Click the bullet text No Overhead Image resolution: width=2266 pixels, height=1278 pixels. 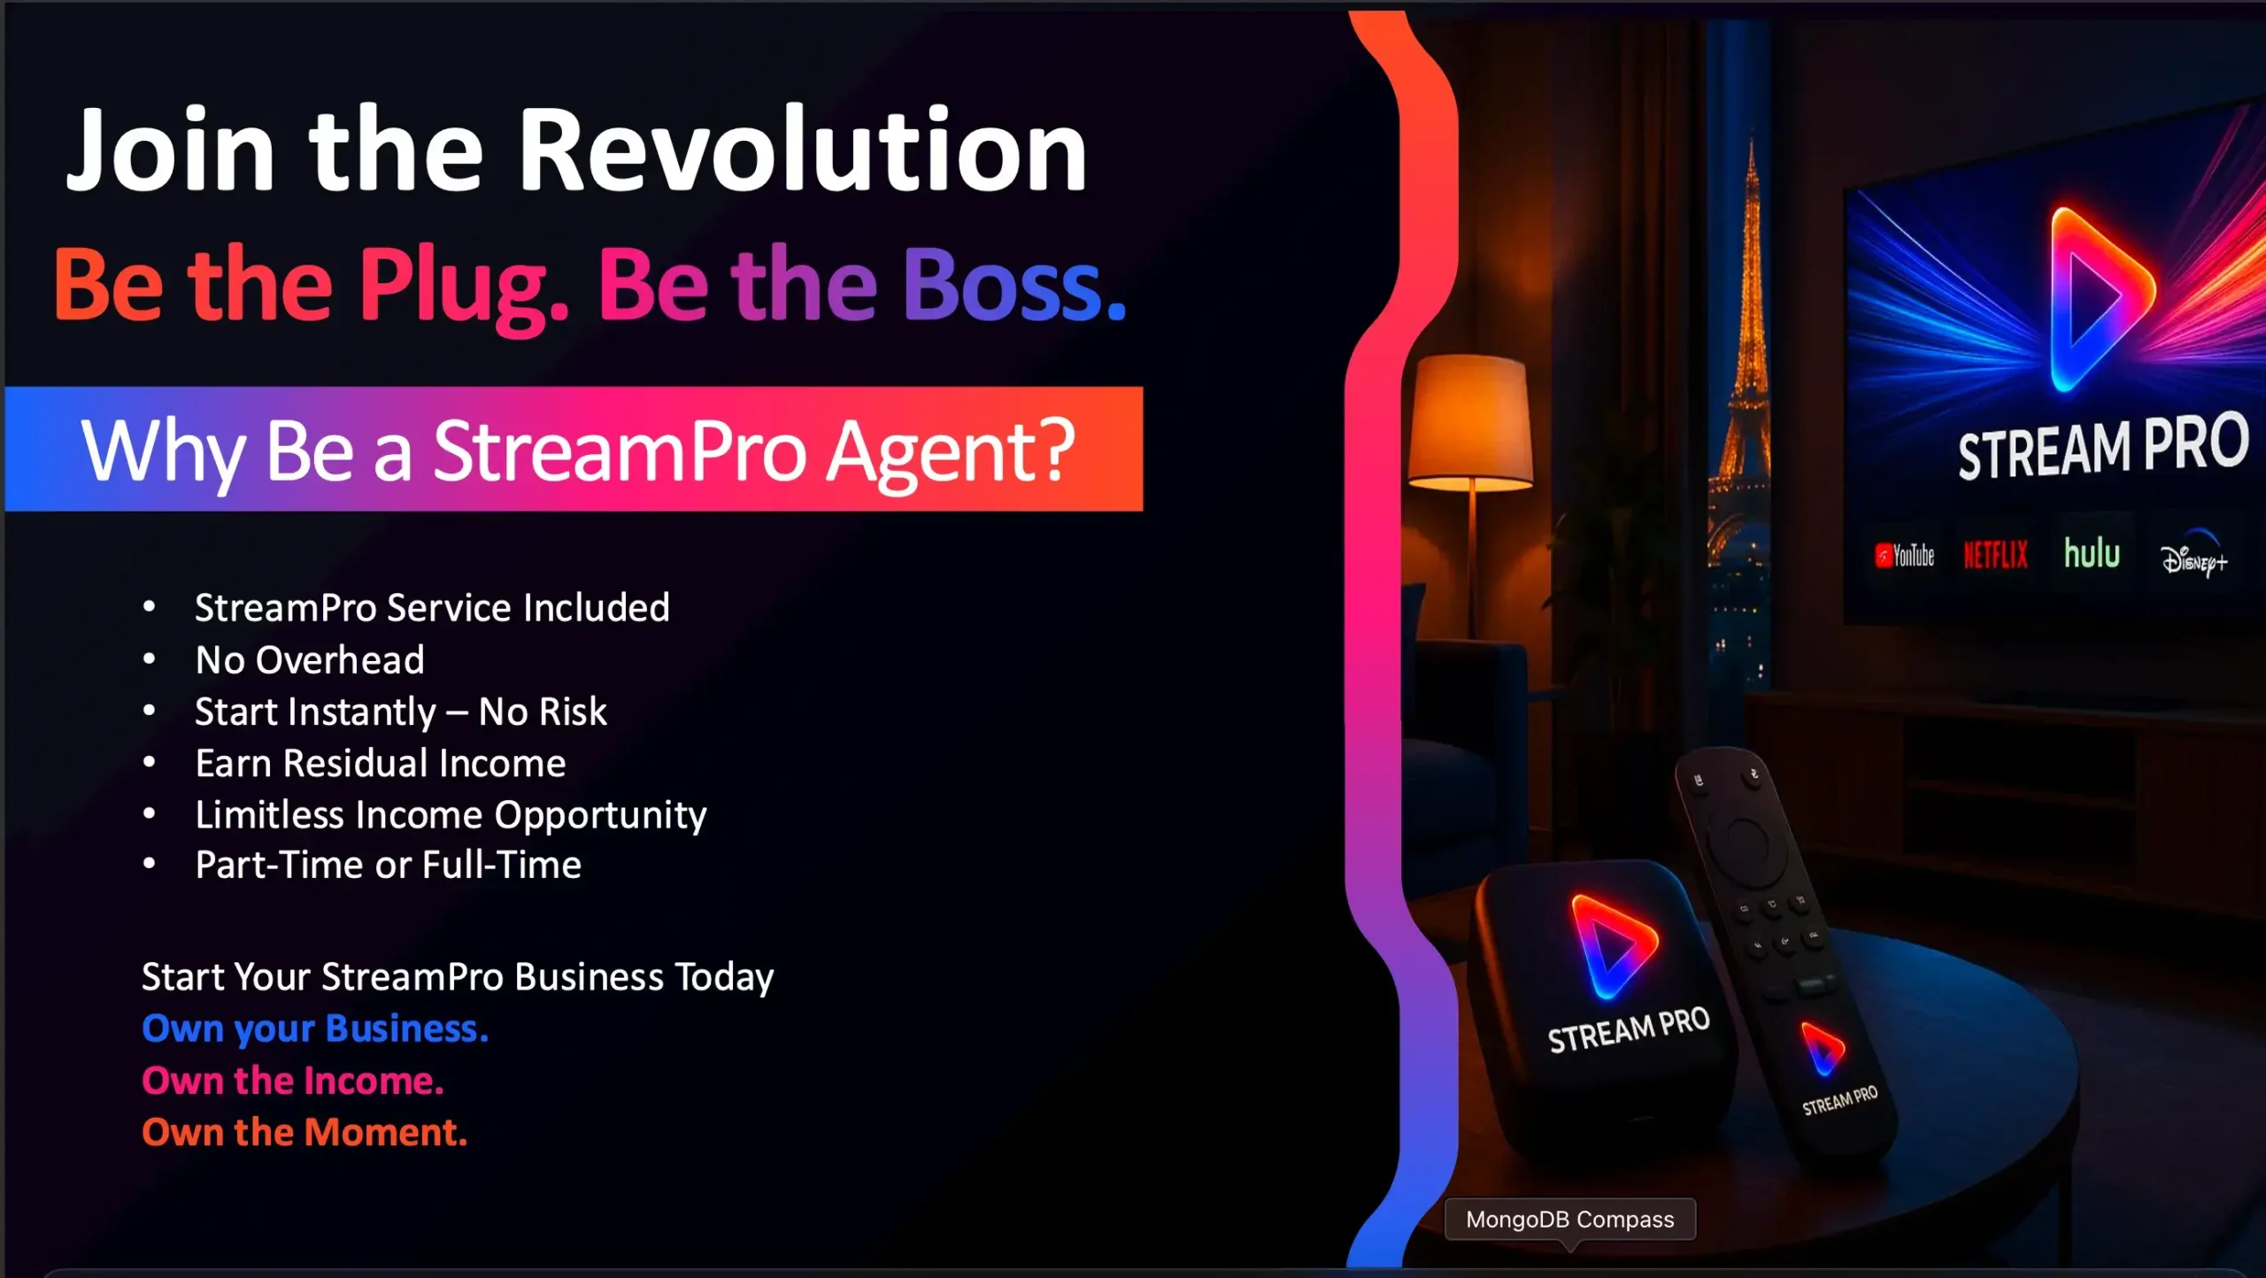pos(310,660)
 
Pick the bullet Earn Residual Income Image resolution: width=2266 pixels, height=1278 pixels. pos(381,763)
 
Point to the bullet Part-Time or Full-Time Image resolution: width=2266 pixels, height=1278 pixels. pos(389,865)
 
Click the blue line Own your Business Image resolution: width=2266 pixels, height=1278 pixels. pos(315,1029)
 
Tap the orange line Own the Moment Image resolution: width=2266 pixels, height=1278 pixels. pos(304,1132)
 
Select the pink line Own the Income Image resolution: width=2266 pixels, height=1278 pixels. pos(293,1081)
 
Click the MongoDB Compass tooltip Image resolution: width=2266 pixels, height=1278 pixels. pos(1570,1220)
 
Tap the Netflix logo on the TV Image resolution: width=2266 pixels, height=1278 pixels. pos(1995,555)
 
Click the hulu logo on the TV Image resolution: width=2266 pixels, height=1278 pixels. pos(2092,552)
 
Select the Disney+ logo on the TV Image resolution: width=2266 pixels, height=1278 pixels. pos(2193,555)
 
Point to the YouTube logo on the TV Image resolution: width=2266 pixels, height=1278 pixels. pos(1904,556)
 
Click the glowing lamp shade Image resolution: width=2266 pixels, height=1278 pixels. pos(1469,423)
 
